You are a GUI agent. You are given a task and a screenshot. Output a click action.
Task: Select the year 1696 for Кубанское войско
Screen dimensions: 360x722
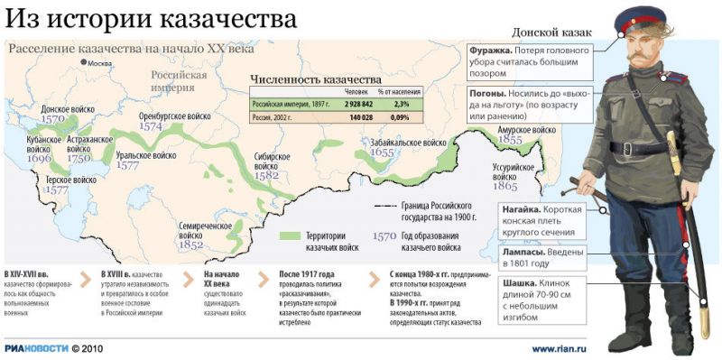pyautogui.click(x=40, y=158)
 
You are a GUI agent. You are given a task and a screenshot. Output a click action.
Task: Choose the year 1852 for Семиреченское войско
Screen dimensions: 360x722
pyautogui.click(x=190, y=244)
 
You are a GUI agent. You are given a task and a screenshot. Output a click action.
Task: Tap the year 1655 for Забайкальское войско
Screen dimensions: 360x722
pyautogui.click(x=382, y=153)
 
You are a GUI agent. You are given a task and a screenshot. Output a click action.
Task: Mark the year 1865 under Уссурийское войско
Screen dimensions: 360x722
pyautogui.click(x=505, y=187)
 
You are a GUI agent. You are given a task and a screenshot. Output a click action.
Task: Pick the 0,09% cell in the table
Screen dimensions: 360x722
pyautogui.click(x=398, y=116)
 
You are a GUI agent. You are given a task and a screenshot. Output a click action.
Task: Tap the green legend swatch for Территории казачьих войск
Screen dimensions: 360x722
pyautogui.click(x=289, y=235)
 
